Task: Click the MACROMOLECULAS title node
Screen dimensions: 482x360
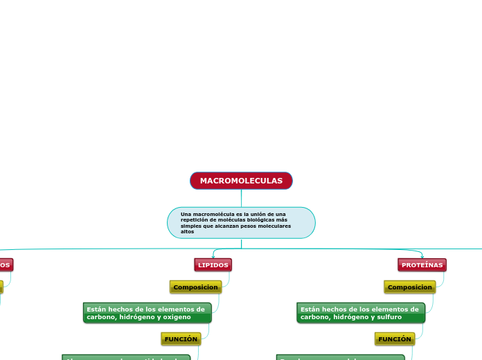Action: point(241,181)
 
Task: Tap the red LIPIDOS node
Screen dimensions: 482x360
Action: point(213,265)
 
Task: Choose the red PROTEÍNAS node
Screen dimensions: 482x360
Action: point(422,265)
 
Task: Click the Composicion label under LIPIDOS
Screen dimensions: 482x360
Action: point(195,287)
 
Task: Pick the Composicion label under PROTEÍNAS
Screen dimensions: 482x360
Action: point(409,287)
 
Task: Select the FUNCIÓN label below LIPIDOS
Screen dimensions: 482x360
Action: point(181,339)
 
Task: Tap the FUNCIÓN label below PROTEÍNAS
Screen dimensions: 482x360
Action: point(395,339)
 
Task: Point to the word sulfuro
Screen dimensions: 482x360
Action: point(389,316)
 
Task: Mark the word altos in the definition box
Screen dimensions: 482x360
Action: point(188,232)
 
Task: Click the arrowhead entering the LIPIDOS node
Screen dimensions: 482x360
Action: point(213,257)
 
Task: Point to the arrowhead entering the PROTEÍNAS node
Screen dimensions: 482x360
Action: point(422,257)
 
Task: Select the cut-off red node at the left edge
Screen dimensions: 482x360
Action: point(5,265)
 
